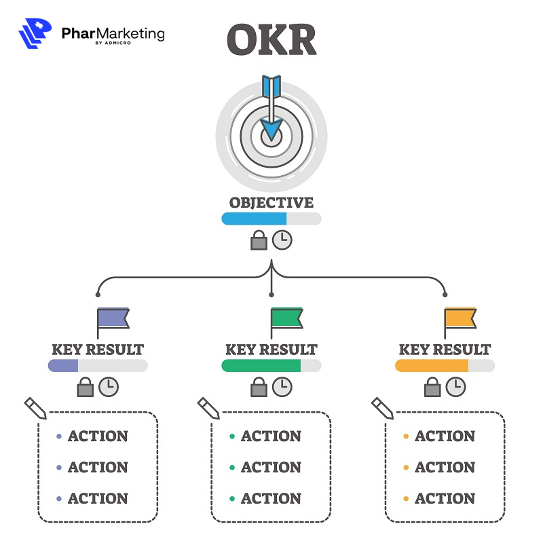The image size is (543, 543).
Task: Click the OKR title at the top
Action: click(271, 41)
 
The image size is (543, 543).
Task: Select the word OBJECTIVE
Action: click(271, 203)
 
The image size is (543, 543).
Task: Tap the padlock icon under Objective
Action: click(259, 240)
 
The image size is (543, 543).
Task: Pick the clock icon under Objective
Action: click(282, 240)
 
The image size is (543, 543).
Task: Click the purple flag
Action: click(113, 318)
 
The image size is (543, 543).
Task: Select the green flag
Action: click(286, 318)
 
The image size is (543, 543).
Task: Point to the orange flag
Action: click(460, 318)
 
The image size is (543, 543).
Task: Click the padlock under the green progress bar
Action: click(259, 388)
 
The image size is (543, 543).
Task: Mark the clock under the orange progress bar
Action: click(456, 388)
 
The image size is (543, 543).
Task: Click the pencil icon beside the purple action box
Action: click(35, 408)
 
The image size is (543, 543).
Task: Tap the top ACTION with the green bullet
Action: click(271, 436)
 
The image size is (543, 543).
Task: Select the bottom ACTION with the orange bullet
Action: click(445, 499)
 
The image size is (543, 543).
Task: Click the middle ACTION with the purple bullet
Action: click(97, 468)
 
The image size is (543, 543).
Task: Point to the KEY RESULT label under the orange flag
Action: click(445, 350)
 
